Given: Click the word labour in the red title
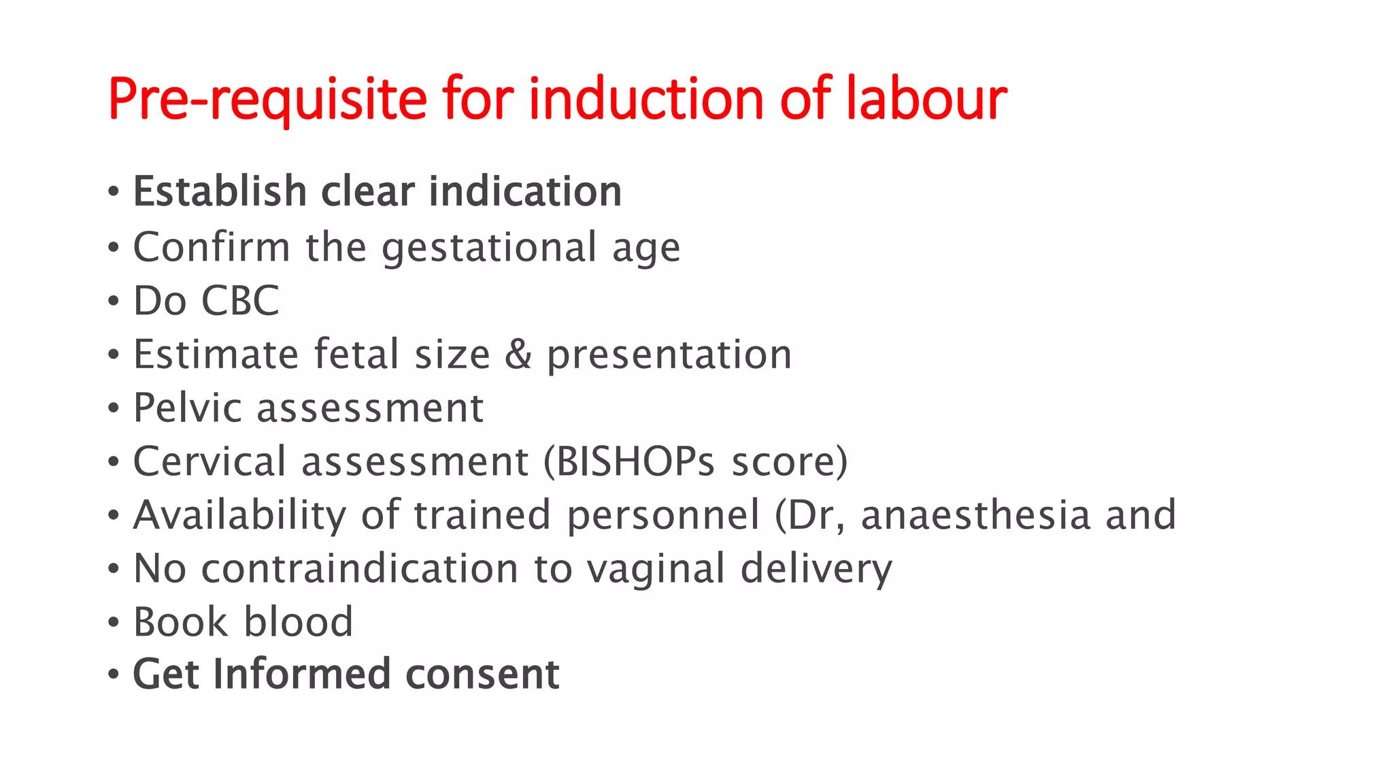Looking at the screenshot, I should coord(926,99).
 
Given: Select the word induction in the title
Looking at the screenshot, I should coord(646,99).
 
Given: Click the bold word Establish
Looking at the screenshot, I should coord(220,191).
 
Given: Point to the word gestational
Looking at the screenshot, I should coord(489,248).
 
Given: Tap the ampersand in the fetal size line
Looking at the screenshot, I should coord(518,355).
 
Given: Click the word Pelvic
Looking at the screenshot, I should coord(188,408).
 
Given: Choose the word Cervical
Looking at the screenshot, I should coord(209,462).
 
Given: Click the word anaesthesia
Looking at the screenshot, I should coord(975,515).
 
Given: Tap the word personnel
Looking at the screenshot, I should coord(663,515).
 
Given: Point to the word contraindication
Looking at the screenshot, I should coord(360,569).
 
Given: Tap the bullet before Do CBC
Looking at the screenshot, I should coord(114,301).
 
